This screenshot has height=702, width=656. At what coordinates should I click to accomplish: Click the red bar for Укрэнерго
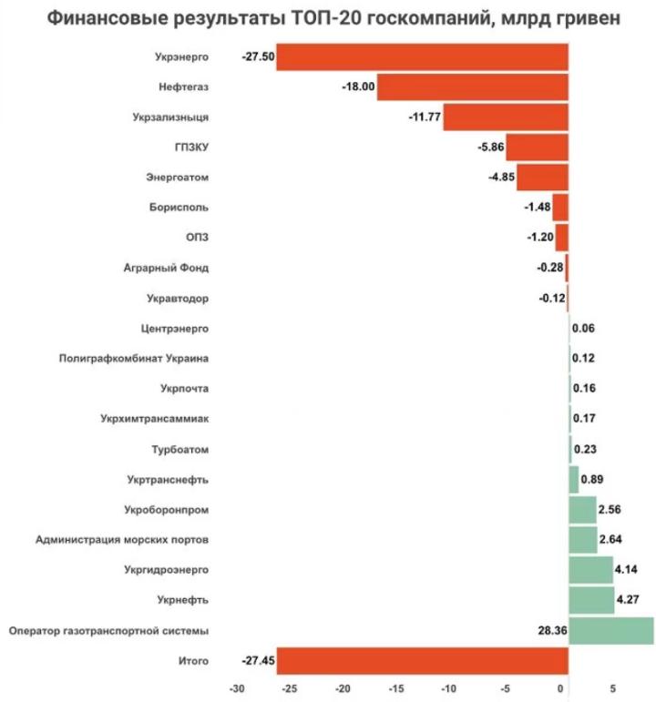pos(422,56)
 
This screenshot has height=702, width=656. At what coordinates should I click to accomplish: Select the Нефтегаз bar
pos(472,87)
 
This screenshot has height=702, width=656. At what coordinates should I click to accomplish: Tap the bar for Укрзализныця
pos(506,117)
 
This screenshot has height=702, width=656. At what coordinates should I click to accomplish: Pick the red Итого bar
pos(422,660)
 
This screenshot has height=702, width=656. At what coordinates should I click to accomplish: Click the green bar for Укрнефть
pos(590,600)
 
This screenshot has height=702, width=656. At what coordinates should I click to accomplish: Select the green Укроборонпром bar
pos(582,509)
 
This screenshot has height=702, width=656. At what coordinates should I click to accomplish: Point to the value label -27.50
pos(258,56)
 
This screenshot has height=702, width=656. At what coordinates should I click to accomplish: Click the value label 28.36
pos(552,630)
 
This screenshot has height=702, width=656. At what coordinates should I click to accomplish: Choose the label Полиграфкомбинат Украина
pos(134,359)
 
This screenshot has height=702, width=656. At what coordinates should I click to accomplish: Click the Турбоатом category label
pos(180,449)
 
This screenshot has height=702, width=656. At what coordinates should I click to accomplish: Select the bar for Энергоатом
pos(542,178)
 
